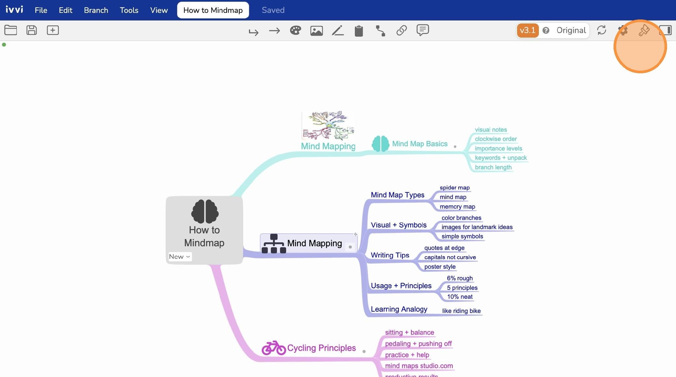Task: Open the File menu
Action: click(41, 10)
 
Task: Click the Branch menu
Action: click(96, 10)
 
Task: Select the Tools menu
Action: click(129, 10)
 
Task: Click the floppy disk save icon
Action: click(32, 30)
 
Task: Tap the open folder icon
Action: click(11, 30)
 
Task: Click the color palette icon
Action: click(295, 31)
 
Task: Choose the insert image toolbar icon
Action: click(317, 31)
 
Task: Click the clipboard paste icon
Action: click(359, 31)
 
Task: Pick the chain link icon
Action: click(401, 30)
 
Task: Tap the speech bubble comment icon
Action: click(423, 30)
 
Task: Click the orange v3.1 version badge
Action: click(527, 30)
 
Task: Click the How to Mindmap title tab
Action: click(213, 10)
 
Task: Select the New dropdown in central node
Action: click(180, 257)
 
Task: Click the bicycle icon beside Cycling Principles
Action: click(274, 348)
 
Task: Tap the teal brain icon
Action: click(380, 144)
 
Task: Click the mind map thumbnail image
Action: click(328, 126)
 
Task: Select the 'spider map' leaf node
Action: click(455, 188)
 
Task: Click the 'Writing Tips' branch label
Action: click(390, 255)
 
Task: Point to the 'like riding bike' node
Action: click(461, 311)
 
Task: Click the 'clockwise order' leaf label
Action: click(496, 139)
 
